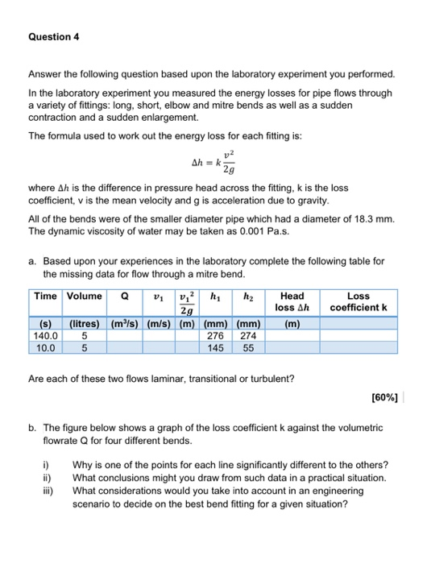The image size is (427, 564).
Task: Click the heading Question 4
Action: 53,36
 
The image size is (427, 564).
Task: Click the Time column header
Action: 45,297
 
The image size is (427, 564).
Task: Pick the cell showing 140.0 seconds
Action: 45,336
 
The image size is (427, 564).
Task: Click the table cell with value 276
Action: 215,336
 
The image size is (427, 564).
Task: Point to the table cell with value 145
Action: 215,348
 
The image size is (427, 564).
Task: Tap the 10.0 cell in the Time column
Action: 45,348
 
